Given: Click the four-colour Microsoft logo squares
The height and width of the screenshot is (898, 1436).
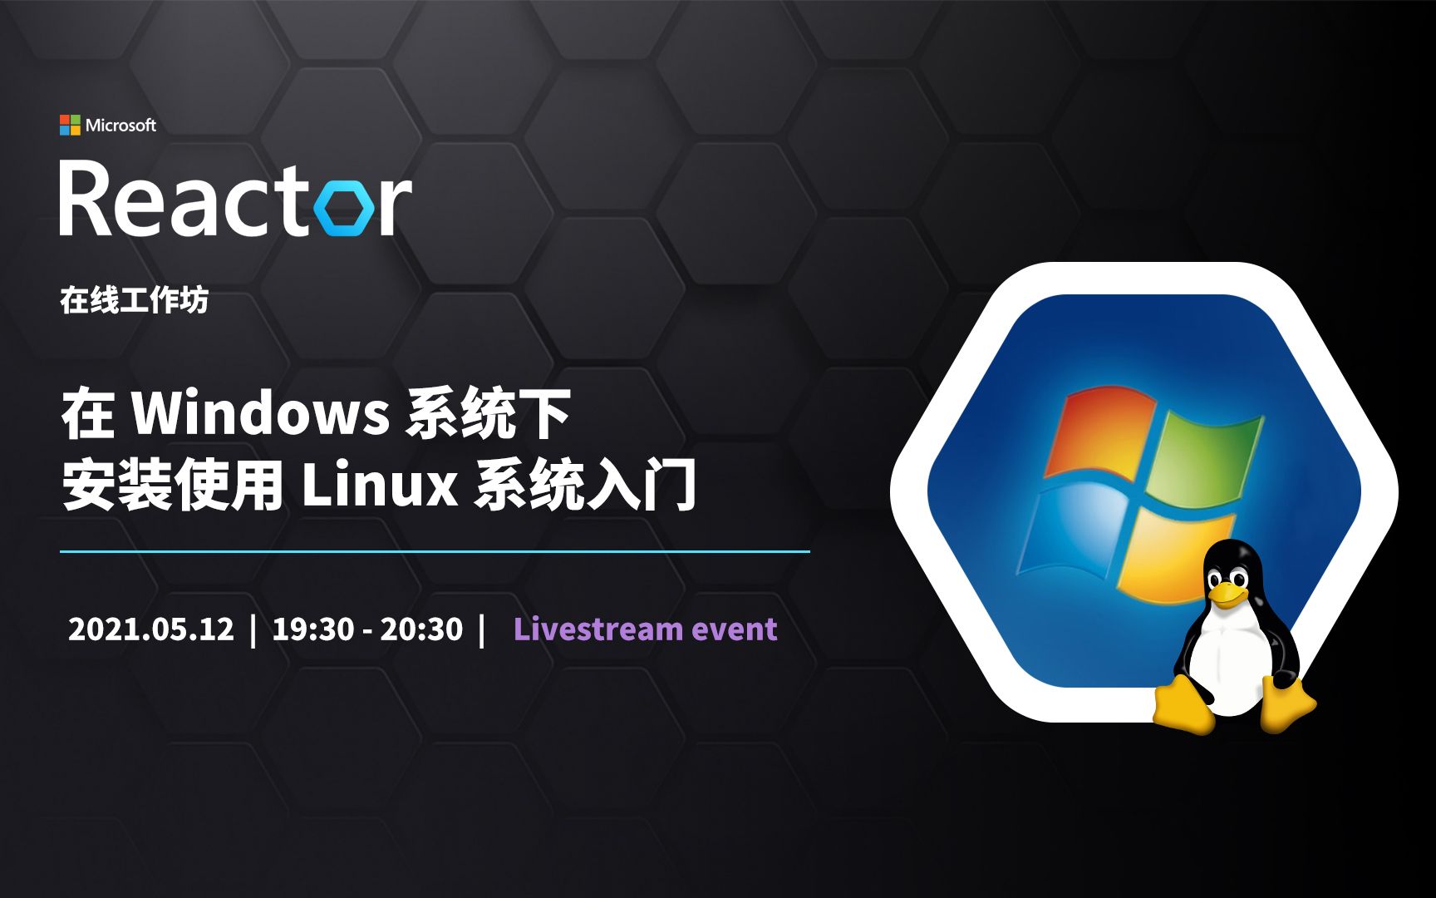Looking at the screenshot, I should click(70, 125).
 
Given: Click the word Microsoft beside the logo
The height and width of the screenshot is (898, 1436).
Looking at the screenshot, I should click(120, 125).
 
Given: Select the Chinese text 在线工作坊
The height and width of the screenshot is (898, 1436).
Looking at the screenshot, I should click(134, 300).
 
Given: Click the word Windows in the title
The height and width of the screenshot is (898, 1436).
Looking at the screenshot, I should click(261, 412).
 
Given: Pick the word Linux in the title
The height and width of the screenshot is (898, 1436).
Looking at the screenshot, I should click(379, 485).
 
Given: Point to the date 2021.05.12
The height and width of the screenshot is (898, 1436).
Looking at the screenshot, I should click(151, 629).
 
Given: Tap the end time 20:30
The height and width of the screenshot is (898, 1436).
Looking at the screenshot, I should click(421, 629).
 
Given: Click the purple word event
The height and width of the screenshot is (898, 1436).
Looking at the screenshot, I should click(735, 629).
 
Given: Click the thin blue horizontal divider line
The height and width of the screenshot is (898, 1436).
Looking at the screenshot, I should click(435, 551).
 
